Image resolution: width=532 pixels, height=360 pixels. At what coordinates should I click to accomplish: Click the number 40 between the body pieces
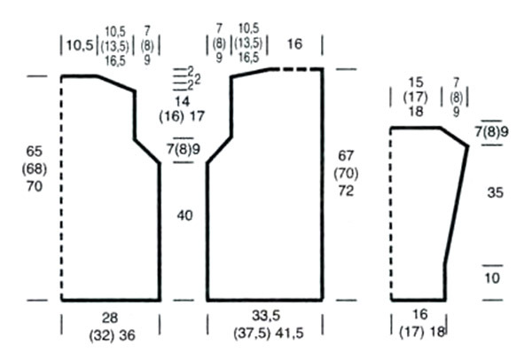pos(184,215)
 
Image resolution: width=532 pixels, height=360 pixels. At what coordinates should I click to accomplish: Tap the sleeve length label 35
pos(495,192)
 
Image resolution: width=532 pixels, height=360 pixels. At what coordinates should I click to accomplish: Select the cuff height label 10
pos(492,278)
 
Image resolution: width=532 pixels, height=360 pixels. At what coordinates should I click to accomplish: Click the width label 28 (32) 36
pos(112,326)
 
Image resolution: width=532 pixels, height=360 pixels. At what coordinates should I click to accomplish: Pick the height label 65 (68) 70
pos(35,168)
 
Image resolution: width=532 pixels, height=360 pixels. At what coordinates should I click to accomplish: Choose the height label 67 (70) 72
pos(346,174)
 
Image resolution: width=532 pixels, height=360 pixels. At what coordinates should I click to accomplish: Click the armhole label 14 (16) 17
pos(182,109)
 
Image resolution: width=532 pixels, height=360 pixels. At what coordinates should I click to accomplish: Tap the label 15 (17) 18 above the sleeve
pos(416,97)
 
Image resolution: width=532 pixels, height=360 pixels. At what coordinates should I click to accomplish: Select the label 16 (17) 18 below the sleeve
pos(422,324)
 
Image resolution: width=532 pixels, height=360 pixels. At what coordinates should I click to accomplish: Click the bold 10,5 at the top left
pos(80,45)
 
